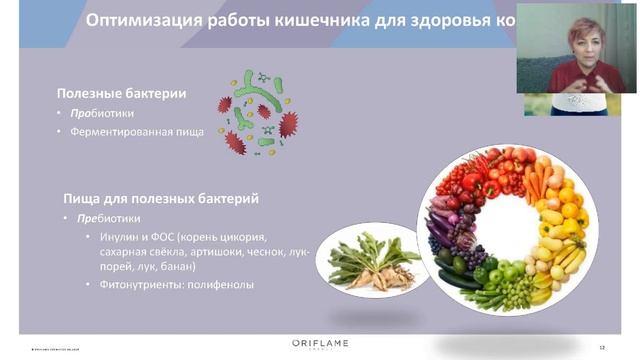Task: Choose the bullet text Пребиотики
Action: pos(102,218)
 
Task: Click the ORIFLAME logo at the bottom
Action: pos(320,344)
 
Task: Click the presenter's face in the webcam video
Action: pos(584,42)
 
